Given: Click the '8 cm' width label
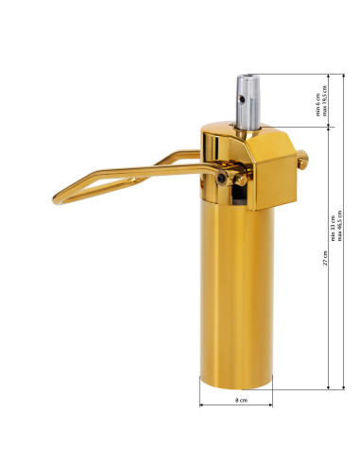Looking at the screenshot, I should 241,403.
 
